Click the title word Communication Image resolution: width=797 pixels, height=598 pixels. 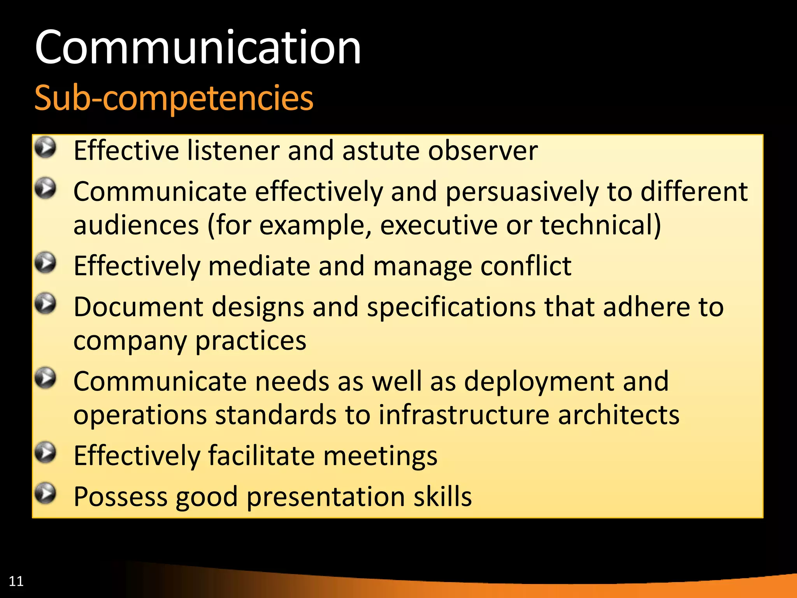[x=198, y=47]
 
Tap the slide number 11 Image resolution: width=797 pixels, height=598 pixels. [x=16, y=581]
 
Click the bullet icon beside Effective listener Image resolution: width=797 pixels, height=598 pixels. [x=46, y=148]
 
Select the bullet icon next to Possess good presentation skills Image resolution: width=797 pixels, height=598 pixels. [x=46, y=493]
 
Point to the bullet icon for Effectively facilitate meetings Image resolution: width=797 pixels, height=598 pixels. [x=46, y=452]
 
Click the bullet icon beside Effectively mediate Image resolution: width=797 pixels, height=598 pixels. [x=46, y=263]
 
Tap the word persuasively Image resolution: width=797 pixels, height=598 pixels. [x=522, y=192]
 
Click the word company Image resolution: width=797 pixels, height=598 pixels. [x=130, y=341]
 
